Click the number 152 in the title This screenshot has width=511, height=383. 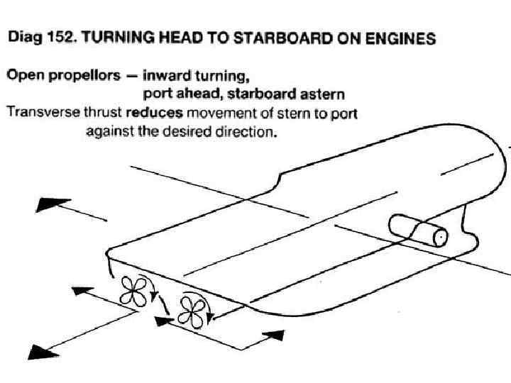60,38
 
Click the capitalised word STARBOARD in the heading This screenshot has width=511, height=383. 270,38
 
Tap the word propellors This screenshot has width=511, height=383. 83,75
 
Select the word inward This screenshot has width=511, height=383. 166,75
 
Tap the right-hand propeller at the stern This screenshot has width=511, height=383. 192,309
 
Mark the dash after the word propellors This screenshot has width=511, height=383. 132,75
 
